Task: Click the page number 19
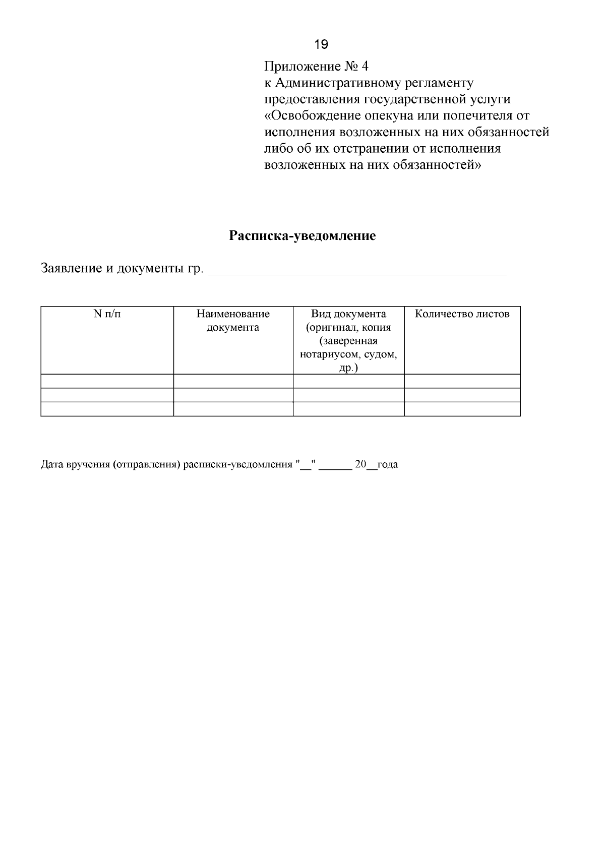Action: click(x=321, y=45)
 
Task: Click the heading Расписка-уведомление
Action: click(x=302, y=236)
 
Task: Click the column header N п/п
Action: click(x=107, y=314)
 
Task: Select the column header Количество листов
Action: click(x=462, y=314)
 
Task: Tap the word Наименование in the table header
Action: click(x=233, y=314)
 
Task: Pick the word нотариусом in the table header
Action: click(x=328, y=354)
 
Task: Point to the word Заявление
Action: click(x=71, y=268)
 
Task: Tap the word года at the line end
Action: click(x=387, y=465)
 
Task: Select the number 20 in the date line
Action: click(x=360, y=464)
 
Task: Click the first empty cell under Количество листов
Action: click(x=462, y=381)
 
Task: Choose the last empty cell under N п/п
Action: click(x=107, y=409)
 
